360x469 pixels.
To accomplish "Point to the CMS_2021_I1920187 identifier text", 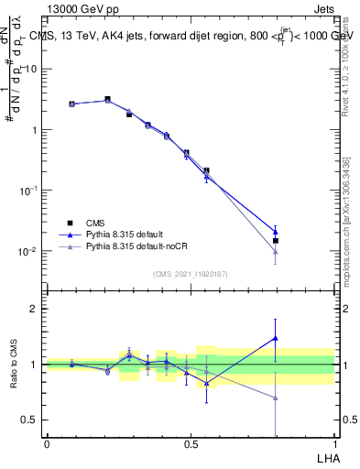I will point(191,274).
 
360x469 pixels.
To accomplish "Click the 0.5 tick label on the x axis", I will point(191,443).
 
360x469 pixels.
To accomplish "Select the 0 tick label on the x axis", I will point(47,443).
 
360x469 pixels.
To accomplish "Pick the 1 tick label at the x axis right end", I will point(334,443).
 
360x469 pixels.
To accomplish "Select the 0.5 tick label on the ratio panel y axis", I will point(32,420).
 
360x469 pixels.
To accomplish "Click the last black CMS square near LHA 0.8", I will point(276,241).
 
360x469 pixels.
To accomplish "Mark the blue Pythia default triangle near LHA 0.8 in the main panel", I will point(276,232).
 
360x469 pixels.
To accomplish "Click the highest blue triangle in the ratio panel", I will point(276,338).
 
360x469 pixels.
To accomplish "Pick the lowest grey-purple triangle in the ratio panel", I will point(276,398).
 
